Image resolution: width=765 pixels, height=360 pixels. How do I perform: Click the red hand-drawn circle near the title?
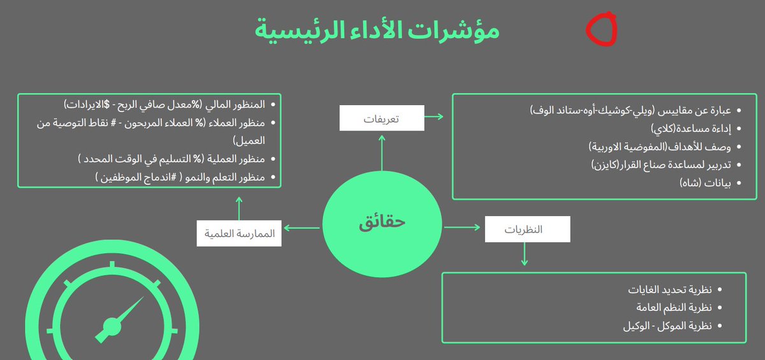click(601, 29)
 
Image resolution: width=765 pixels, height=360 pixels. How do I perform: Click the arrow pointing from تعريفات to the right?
click(435, 117)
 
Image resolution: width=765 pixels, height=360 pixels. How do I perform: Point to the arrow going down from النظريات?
click(524, 254)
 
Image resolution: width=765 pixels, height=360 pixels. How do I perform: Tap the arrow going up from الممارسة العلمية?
click(239, 208)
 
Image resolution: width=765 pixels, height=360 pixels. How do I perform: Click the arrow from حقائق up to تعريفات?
click(381, 153)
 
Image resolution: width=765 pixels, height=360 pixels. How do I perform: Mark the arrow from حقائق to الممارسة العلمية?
click(301, 227)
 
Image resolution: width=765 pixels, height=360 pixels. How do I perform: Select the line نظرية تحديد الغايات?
click(670, 290)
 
